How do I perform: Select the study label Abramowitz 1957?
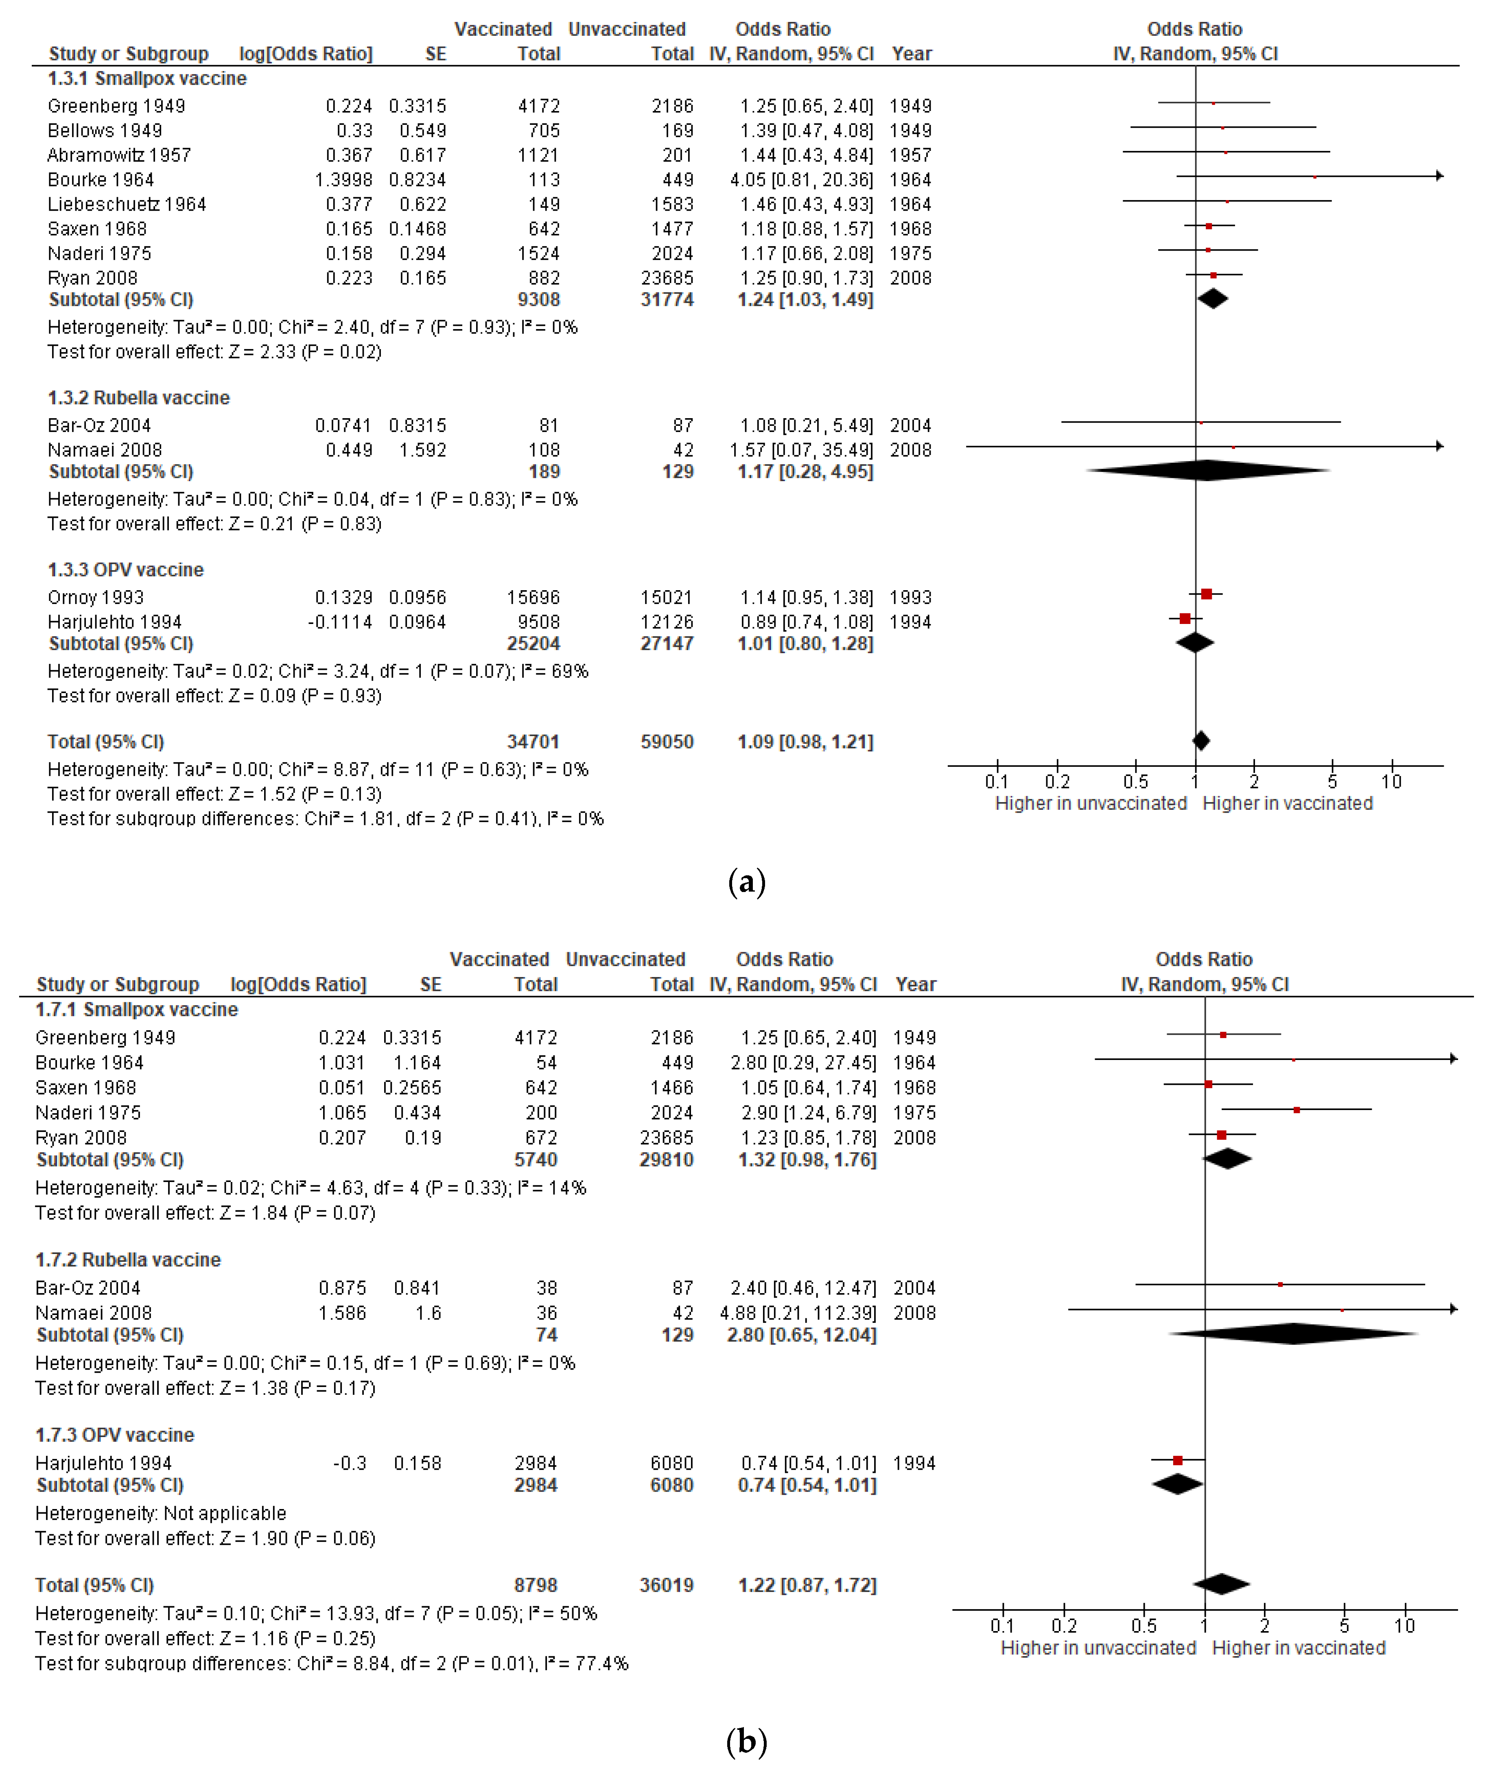119,155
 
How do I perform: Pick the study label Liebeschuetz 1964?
127,204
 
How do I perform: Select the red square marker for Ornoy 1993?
1206,594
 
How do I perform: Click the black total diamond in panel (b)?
1220,1585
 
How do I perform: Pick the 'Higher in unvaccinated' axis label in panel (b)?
1098,1648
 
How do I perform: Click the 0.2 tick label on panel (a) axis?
1058,781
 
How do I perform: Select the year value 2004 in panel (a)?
910,425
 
